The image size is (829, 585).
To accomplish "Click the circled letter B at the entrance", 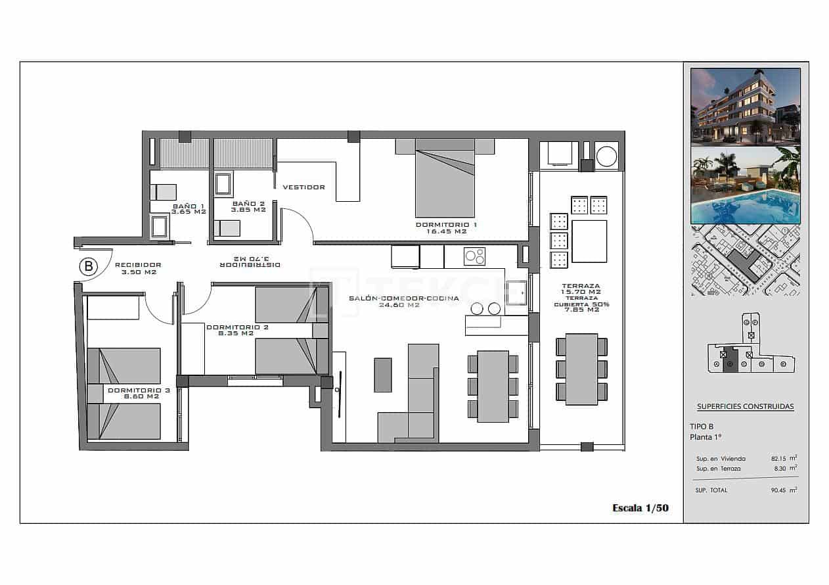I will click(x=88, y=266).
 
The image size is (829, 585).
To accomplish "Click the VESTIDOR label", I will click(x=303, y=187).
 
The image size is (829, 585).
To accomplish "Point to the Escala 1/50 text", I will click(x=640, y=507).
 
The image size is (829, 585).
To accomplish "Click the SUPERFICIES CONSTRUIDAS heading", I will click(x=745, y=406).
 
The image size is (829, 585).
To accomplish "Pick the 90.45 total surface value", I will click(x=780, y=490).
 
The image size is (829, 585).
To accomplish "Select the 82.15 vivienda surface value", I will click(x=780, y=458).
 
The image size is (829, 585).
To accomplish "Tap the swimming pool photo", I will click(x=745, y=185).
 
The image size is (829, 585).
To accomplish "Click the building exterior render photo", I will click(x=745, y=106).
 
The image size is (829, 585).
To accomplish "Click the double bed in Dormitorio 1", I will click(x=445, y=181).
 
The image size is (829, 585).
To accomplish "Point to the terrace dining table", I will click(x=581, y=369).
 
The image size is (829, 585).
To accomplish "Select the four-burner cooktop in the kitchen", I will click(x=474, y=256).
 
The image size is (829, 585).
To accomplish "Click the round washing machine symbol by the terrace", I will click(x=607, y=156).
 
